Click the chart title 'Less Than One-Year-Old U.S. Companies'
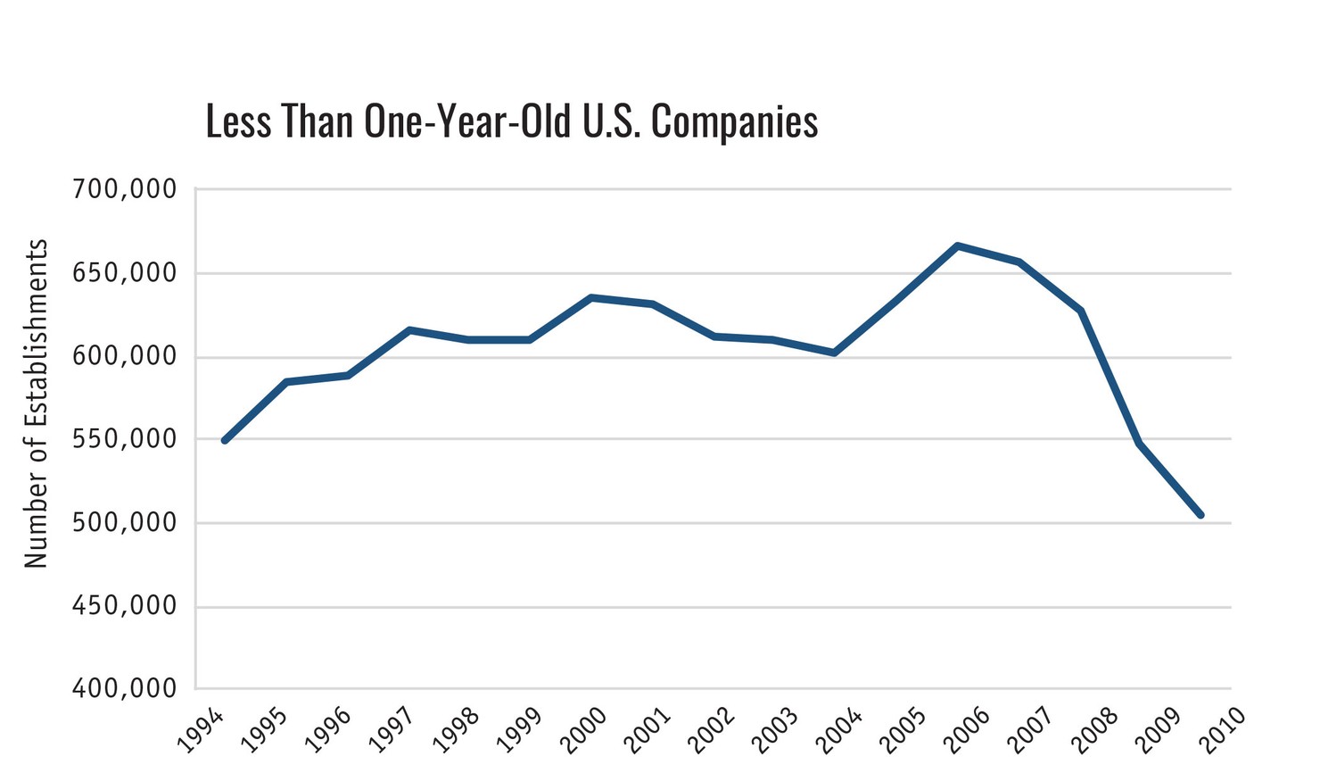[x=511, y=121]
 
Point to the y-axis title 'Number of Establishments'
[x=36, y=403]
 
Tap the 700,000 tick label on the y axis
[x=123, y=189]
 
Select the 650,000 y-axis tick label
[x=123, y=273]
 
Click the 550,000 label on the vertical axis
[x=123, y=439]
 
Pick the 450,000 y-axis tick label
[x=123, y=607]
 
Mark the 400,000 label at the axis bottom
[x=123, y=689]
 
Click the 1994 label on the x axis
[x=200, y=732]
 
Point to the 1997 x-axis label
[x=391, y=732]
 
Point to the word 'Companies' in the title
[x=734, y=121]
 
